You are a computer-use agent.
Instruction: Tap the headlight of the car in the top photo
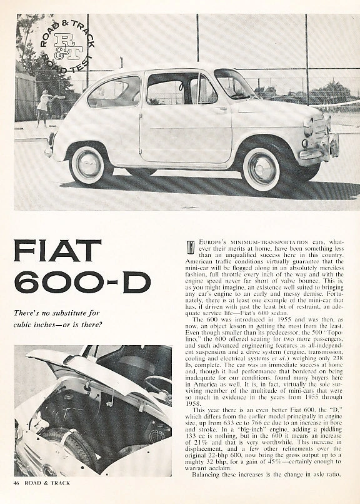307,127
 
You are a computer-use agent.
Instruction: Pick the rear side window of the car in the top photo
114,93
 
